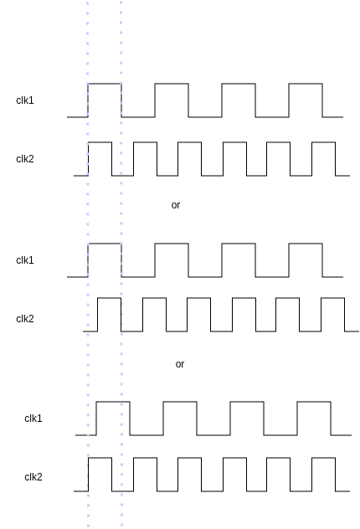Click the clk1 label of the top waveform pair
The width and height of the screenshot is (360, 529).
pos(25,100)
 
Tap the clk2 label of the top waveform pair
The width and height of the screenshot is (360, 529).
pos(25,159)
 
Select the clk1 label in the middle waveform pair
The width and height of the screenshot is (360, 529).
pos(25,260)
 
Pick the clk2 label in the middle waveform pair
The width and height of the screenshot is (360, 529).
pos(25,319)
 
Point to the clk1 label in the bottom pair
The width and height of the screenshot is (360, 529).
pos(33,419)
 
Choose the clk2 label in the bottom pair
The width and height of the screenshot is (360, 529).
pos(33,477)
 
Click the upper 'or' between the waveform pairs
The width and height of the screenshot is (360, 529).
pos(176,205)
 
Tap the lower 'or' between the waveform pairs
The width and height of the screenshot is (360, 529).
pos(180,364)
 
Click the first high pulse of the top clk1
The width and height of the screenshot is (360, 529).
pos(105,84)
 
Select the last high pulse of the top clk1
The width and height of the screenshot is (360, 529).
pos(306,84)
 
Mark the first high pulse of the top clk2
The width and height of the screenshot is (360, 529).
pos(100,142)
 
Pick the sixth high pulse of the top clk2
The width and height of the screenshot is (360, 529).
pos(323,142)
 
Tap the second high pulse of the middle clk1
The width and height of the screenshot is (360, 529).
pos(172,244)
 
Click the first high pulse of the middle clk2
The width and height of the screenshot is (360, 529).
pos(110,298)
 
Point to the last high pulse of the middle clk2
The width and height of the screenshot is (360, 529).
pos(333,298)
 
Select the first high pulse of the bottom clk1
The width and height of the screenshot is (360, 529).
pos(113,402)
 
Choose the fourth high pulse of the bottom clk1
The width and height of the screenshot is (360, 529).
pos(314,402)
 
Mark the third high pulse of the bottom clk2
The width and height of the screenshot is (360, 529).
pos(189,458)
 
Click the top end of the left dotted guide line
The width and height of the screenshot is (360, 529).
pos(88,3)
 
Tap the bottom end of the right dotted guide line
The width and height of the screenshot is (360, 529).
pos(121,525)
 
